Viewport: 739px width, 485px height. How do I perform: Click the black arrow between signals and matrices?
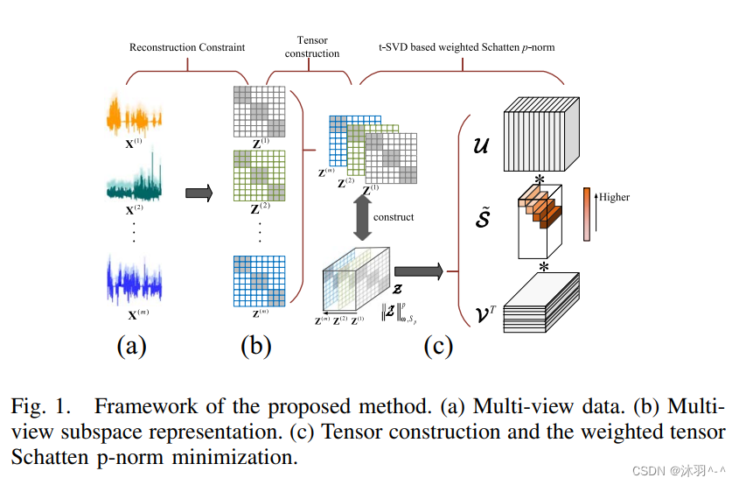199,194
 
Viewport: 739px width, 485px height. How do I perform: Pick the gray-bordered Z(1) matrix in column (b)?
260,111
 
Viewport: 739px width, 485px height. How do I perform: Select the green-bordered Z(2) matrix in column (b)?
260,178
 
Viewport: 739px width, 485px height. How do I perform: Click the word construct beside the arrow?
394,215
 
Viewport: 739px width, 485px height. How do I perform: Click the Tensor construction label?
312,47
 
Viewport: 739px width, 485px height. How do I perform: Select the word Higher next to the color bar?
615,197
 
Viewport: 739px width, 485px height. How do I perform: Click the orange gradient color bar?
587,214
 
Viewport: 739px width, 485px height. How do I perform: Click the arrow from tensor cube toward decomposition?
419,272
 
